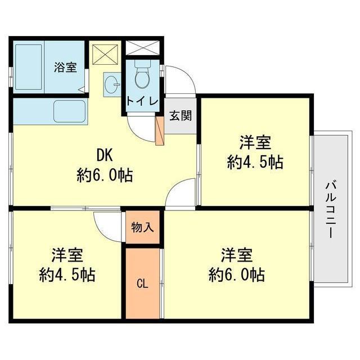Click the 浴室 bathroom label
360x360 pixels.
click(x=65, y=67)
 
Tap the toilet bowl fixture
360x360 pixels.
click(x=143, y=77)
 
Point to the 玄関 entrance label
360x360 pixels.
click(x=181, y=117)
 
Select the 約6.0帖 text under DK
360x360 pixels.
click(x=105, y=175)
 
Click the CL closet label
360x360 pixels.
click(x=142, y=283)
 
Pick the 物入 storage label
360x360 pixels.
click(x=142, y=227)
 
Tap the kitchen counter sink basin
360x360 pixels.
click(x=69, y=111)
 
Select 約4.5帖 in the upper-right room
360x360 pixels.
click(x=254, y=163)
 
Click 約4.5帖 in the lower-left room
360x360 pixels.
click(x=67, y=275)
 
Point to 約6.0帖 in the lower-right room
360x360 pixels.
click(x=236, y=275)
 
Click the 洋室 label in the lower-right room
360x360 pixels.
click(x=236, y=254)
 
